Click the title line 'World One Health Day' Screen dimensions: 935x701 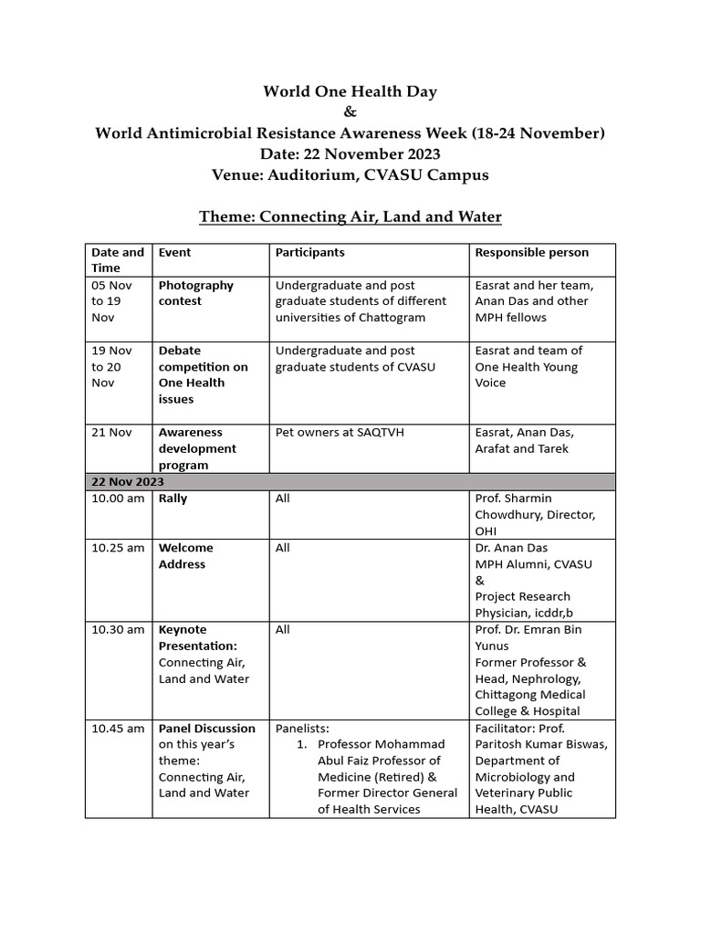350,91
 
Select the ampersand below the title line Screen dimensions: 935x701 350,112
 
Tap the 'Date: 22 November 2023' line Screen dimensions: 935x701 350,154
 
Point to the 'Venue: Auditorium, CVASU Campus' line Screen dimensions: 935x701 350,175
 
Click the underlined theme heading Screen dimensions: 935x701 350,217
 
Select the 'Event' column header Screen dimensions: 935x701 175,252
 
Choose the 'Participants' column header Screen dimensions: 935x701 310,252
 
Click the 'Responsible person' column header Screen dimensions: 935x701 531,252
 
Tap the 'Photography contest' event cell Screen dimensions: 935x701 196,293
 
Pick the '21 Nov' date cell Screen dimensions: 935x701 110,432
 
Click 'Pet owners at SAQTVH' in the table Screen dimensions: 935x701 340,432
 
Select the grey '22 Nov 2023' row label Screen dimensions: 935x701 128,481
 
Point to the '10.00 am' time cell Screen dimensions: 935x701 118,499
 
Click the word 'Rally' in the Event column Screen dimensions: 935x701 173,499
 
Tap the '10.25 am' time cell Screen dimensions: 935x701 118,548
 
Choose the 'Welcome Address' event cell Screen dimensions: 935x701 186,556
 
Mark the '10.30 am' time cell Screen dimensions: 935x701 118,629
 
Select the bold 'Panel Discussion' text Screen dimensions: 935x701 207,728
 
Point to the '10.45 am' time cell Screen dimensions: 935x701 118,728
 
